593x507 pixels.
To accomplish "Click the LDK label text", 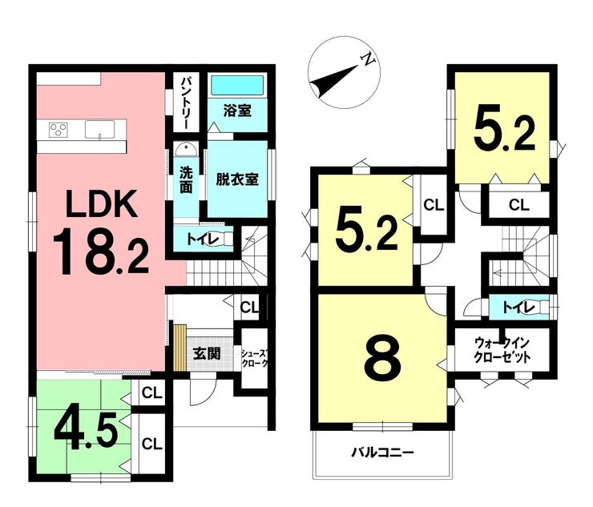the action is coord(101,203).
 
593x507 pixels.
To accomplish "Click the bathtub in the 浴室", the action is coord(237,86).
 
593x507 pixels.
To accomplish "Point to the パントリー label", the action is coord(186,103).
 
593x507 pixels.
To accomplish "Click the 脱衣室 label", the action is coord(237,179).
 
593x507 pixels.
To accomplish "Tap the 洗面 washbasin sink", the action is coord(186,150).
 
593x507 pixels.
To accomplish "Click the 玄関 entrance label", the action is coord(207,354).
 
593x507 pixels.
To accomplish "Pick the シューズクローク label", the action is coord(256,359).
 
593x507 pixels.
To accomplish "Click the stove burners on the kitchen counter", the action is coord(58,130).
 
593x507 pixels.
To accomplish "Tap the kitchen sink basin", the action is coord(99,130).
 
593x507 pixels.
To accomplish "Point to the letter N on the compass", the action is coord(368,59).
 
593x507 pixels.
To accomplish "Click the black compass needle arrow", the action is coord(333,81).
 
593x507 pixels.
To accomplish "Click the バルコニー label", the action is coord(382,453).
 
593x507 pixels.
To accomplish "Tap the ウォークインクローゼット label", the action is coord(502,350).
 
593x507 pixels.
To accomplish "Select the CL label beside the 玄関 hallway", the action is coord(249,307).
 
